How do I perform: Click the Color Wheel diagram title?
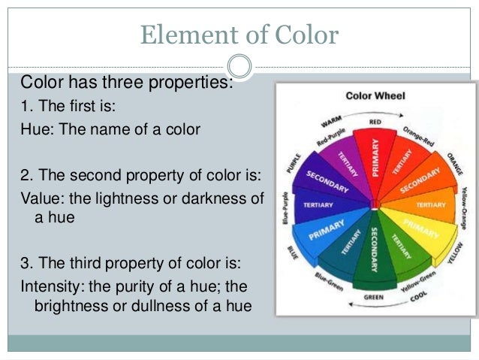click(375, 96)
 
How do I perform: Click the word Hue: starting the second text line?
click(35, 129)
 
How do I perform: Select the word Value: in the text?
click(40, 198)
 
